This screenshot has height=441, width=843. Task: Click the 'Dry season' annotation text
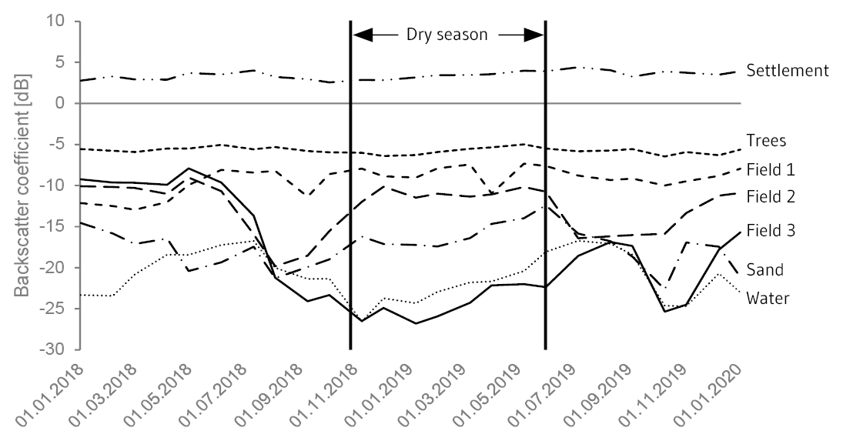447,35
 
